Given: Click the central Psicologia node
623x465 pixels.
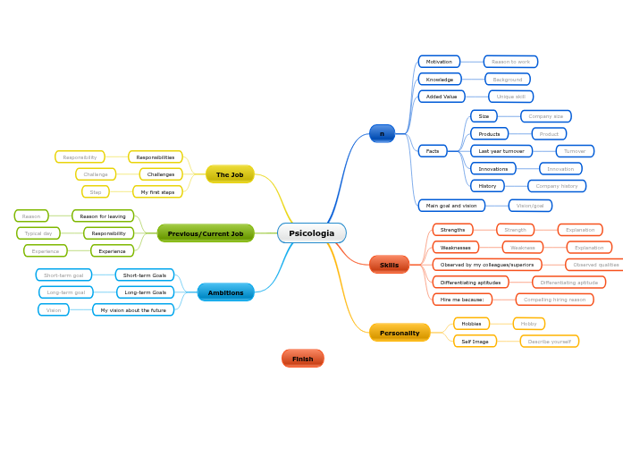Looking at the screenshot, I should pos(311,233).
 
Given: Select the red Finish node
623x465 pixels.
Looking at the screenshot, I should pos(302,359).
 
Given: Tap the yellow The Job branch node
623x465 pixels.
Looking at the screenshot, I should pos(230,174).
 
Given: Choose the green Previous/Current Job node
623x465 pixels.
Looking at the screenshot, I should pos(206,233).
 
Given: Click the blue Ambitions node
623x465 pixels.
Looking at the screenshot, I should pos(225,292).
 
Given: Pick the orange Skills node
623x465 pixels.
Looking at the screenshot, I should pos(389,265).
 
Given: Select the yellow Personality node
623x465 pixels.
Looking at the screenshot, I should pos(400,333).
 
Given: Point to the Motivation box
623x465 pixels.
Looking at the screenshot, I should pos(439,62).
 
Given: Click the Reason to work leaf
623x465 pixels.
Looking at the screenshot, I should pos(510,62).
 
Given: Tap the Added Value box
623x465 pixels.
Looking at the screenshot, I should pos(442,97).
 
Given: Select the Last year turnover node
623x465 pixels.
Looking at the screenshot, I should pos(501,151).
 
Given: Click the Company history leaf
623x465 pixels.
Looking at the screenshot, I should pos(557,186).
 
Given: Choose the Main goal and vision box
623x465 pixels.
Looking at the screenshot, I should pos(451,206).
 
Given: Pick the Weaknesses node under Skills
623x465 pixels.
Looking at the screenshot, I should pos(455,248).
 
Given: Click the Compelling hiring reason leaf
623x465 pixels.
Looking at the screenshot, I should pos(554,300).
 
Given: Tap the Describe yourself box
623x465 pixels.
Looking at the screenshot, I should pos(549,342).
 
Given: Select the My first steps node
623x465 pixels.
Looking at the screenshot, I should pos(157,192).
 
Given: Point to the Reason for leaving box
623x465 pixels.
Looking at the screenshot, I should pos(103,216).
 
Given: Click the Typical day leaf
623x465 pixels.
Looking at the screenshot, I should pos(38,233).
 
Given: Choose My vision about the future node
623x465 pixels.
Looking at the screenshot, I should pos(133,310).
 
